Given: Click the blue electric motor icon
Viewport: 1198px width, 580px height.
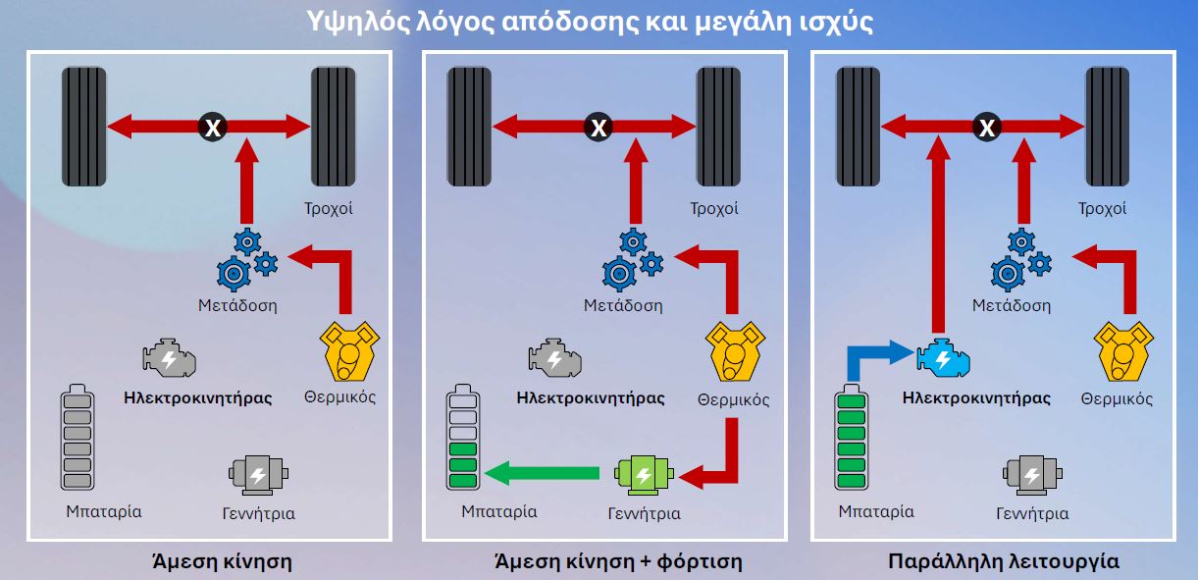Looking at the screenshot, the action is click(x=944, y=357).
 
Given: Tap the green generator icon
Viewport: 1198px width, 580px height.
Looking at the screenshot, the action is click(x=644, y=475).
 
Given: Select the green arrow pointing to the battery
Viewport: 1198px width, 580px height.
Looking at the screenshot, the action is click(x=542, y=473).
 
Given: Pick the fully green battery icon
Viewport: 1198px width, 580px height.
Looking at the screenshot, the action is click(x=851, y=437).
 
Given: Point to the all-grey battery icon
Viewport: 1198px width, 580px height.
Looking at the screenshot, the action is click(x=78, y=437).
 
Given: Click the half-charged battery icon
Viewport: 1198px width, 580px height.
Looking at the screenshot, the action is click(x=463, y=437).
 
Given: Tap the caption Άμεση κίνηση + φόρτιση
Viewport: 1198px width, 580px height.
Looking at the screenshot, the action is click(x=618, y=561).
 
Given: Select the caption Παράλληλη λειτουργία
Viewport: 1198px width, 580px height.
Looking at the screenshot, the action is click(x=1004, y=561).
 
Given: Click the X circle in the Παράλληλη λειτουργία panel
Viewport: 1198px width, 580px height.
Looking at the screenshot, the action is click(x=987, y=127).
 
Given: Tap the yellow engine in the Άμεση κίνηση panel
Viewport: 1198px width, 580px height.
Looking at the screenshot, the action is click(x=349, y=351).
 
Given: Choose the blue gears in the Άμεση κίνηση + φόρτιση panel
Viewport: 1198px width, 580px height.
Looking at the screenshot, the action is click(x=633, y=259).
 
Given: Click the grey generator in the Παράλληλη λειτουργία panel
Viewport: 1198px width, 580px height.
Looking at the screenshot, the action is click(x=1032, y=475).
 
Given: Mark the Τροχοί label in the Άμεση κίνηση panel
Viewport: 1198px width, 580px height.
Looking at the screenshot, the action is click(x=329, y=208).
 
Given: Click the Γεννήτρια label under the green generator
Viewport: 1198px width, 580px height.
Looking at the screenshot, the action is click(x=644, y=513).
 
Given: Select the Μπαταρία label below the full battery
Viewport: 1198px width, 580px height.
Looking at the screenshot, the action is click(x=876, y=512).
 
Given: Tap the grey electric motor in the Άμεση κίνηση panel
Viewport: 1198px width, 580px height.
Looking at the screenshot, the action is click(x=169, y=357).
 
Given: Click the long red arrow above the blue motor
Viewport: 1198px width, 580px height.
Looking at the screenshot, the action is click(x=938, y=235).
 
